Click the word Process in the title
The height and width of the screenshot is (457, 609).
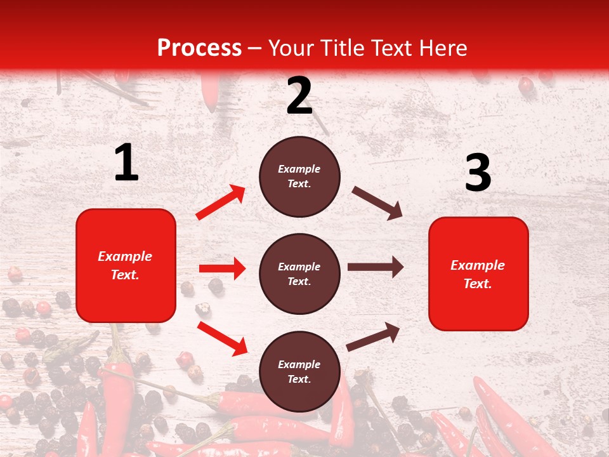click(199, 48)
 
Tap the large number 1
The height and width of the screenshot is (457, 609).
click(126, 163)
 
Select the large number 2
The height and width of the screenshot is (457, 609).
click(299, 96)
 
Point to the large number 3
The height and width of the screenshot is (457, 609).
click(478, 173)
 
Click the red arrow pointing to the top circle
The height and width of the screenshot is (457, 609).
click(220, 202)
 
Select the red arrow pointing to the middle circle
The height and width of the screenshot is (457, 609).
click(222, 268)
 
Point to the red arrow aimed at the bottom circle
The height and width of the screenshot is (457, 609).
click(222, 338)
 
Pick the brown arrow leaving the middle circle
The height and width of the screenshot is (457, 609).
click(376, 267)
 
